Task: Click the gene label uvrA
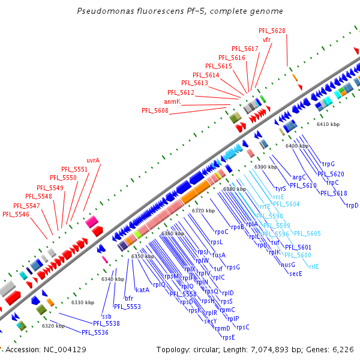click(x=93, y=160)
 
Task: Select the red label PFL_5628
click(x=272, y=31)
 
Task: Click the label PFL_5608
click(x=155, y=110)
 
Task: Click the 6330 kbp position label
click(x=83, y=302)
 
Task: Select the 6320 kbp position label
click(x=53, y=326)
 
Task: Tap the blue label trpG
click(x=328, y=164)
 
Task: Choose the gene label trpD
click(x=352, y=205)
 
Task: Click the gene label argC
click(x=299, y=177)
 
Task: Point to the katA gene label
click(x=142, y=290)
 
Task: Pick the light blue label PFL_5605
click(x=307, y=233)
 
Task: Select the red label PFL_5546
click(x=16, y=214)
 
